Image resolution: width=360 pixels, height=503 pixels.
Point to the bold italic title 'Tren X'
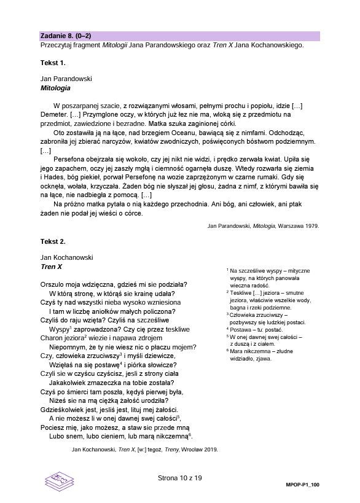[51, 267]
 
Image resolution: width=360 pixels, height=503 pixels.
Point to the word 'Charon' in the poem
[52, 338]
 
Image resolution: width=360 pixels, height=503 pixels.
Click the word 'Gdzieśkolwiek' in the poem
[63, 409]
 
